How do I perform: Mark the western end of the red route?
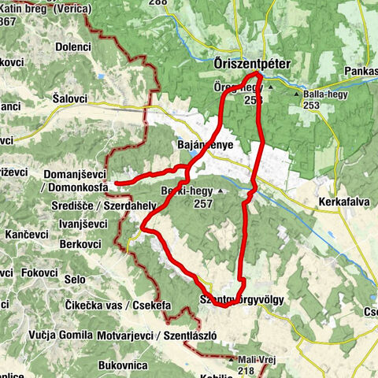(116, 183)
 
